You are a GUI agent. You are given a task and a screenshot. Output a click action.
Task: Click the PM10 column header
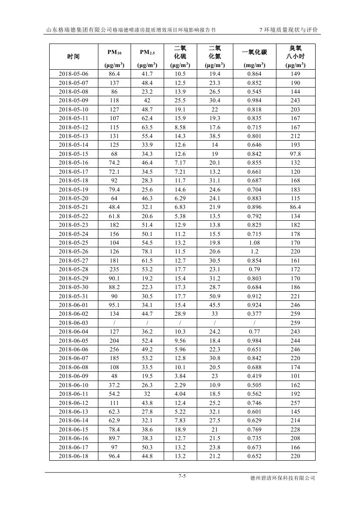114,53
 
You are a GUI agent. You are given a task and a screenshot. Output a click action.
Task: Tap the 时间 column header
74,57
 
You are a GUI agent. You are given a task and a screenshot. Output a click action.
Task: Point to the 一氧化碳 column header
254,53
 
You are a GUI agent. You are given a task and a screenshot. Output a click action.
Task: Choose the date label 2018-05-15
74,154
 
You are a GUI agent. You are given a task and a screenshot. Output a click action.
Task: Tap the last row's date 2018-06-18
74,456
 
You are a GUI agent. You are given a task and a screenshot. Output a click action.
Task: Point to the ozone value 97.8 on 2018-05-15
295,154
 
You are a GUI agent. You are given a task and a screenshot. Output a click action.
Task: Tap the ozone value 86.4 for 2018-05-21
295,207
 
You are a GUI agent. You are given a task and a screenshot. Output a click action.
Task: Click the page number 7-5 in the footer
182,476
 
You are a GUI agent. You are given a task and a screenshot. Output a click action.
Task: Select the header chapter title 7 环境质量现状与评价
288,30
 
